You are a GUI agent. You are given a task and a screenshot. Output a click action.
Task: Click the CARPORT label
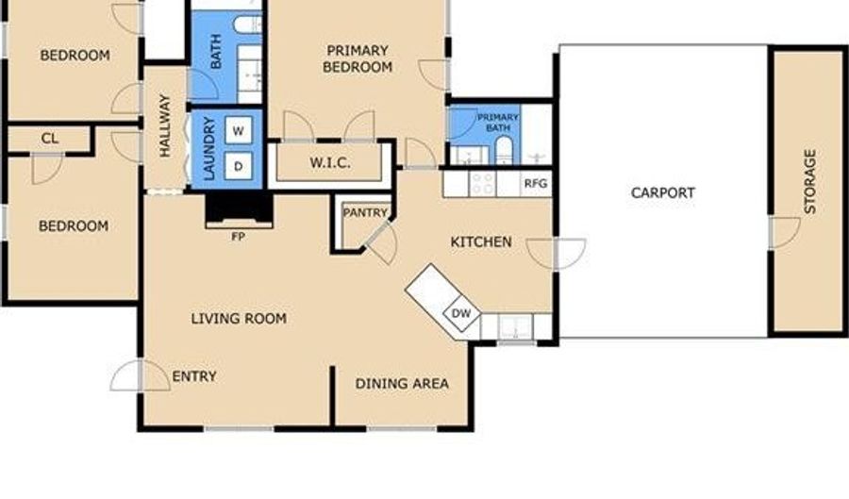[663, 192]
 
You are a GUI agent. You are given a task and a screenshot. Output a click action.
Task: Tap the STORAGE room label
[810, 181]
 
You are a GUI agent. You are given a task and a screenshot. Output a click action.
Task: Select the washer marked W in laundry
[239, 130]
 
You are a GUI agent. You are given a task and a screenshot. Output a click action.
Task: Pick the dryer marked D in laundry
[239, 167]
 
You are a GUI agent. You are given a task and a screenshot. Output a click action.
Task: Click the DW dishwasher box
[461, 313]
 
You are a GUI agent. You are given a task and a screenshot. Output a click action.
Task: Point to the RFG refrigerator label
[536, 184]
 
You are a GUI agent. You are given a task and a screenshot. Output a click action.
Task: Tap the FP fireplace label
[239, 237]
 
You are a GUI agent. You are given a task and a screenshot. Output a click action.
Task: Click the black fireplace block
[239, 208]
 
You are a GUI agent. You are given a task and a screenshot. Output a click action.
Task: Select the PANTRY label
[365, 212]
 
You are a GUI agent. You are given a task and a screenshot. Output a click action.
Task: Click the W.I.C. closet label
[330, 162]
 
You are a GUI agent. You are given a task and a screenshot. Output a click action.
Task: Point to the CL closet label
[50, 139]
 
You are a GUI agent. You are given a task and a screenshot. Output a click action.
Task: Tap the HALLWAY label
[164, 126]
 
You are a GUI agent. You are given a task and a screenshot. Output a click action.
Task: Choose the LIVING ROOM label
[239, 318]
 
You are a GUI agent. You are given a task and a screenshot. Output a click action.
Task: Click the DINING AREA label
[402, 384]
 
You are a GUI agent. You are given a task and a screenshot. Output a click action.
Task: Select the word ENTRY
[193, 376]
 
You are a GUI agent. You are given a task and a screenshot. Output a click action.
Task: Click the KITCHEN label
[481, 241]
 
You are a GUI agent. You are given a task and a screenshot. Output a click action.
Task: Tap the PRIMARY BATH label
[497, 123]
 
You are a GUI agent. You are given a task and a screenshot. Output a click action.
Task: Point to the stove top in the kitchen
[482, 184]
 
